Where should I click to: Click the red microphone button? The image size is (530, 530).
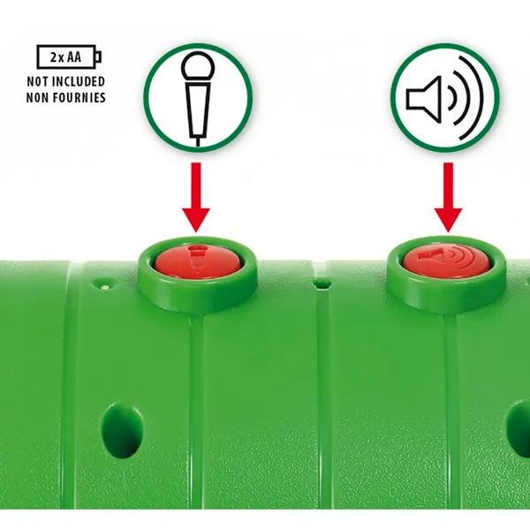198,261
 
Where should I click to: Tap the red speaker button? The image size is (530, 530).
446,260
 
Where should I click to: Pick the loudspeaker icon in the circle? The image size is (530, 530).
445,98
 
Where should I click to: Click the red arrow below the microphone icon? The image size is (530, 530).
196,197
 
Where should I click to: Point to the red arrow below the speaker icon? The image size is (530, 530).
448,197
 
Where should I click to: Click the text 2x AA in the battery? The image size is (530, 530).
66,57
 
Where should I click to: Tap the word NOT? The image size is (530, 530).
39,81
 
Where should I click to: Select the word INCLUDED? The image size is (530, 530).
79,81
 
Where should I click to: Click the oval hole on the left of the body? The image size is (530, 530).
122,429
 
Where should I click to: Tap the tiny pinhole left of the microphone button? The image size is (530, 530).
105,286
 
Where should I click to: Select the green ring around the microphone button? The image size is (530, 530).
197,300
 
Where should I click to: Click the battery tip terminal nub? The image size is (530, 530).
98,57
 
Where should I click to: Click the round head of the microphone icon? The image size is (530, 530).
198,67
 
